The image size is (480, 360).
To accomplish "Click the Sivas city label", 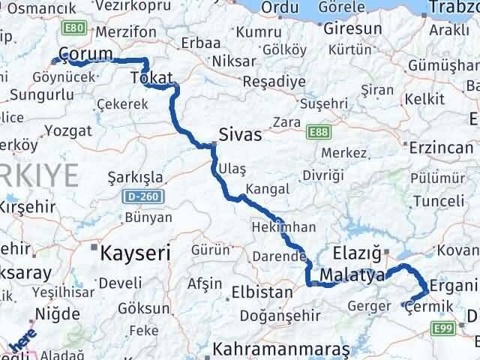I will tap(240, 135).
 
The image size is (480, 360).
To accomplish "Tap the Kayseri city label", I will tap(131, 250).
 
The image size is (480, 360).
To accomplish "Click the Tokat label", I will tap(152, 78).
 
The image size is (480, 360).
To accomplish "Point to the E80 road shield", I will tap(73, 28).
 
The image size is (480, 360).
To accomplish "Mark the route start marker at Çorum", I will tap(54, 61).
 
